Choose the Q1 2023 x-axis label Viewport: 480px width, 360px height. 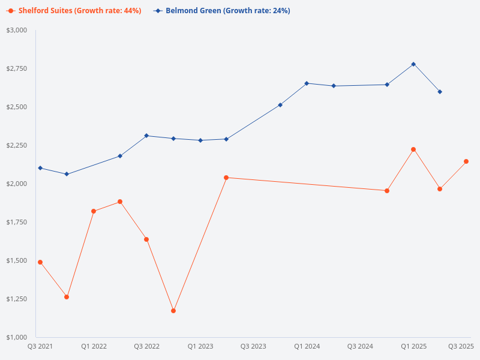(200, 346)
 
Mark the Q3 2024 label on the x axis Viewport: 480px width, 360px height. (360, 346)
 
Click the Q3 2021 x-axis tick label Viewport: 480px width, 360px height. (40, 346)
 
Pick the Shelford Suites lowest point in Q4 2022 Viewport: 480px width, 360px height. (173, 311)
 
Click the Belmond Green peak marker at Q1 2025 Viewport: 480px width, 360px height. (413, 64)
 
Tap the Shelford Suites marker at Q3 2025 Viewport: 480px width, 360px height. (466, 161)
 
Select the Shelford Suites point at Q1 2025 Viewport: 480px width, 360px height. (413, 149)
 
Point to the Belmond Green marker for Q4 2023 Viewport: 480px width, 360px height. (280, 105)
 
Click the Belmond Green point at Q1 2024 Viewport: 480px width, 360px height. (307, 83)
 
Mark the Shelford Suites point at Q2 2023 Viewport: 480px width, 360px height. (226, 178)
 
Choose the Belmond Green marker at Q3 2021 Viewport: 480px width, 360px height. (40, 168)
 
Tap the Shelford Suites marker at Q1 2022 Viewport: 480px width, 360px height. (94, 211)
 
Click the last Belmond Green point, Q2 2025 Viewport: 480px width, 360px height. (440, 92)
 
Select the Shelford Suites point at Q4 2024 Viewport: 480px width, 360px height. (387, 191)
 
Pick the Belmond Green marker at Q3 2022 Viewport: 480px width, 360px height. (146, 136)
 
